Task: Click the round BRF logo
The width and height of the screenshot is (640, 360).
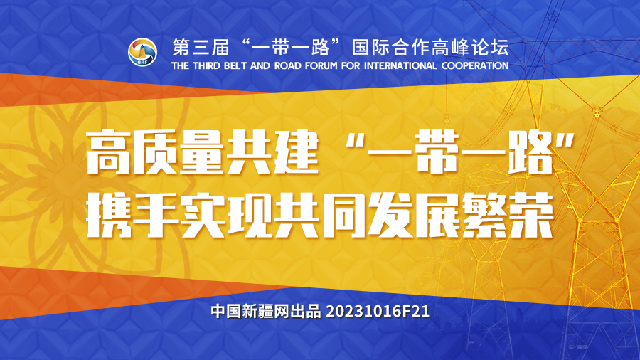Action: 142,52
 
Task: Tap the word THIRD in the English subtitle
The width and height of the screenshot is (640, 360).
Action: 207,65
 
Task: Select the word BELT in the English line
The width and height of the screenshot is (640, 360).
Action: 235,65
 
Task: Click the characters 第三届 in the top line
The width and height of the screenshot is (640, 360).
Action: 201,48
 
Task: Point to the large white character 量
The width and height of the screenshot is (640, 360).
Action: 202,152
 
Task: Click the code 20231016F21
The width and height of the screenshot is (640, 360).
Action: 378,312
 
